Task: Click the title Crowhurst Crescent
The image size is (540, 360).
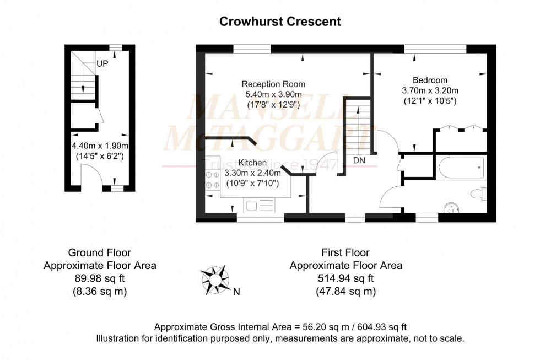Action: click(x=280, y=22)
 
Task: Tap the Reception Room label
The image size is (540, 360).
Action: click(x=273, y=84)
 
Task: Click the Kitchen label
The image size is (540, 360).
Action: click(x=252, y=163)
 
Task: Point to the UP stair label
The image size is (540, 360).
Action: click(x=102, y=63)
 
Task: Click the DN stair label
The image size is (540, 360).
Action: click(x=359, y=160)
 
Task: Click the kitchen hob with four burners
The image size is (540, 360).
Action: click(x=212, y=180)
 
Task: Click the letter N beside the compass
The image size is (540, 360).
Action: click(x=236, y=292)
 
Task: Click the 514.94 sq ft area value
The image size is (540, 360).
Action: click(x=345, y=278)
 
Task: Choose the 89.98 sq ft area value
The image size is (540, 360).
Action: click(x=99, y=278)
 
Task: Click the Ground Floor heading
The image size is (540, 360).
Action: click(x=99, y=253)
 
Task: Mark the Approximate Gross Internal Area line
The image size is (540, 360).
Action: click(x=280, y=326)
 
